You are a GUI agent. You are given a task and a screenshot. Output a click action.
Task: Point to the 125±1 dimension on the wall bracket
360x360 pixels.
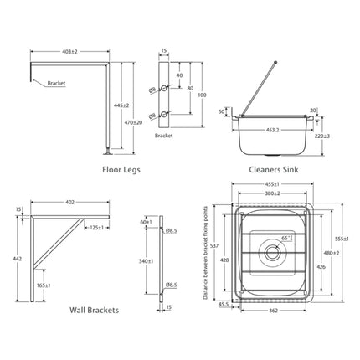(96, 227)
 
